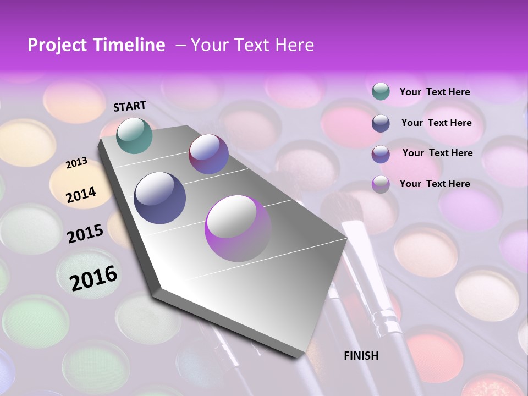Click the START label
click(130, 106)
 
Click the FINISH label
click(361, 356)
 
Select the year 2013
click(77, 163)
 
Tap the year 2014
click(81, 195)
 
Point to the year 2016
click(94, 278)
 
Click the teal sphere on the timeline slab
click(134, 135)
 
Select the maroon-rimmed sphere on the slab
click(208, 154)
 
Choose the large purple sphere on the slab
click(238, 228)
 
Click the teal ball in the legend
click(381, 91)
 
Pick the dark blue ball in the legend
click(381, 123)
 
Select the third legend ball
click(381, 154)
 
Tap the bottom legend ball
click(381, 184)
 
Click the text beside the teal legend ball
click(435, 92)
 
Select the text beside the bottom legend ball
click(435, 184)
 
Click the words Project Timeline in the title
click(96, 45)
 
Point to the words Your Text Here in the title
click(252, 45)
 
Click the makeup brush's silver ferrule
click(383, 319)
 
